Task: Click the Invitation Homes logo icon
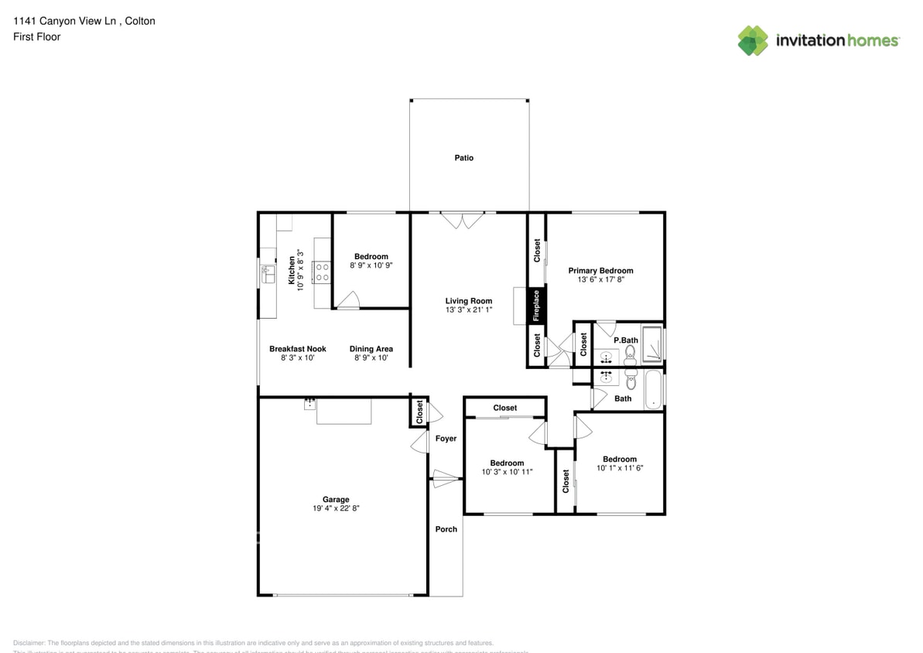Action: click(752, 40)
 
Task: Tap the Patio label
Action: click(463, 158)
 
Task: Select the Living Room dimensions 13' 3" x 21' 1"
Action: click(468, 310)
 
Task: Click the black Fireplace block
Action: click(536, 306)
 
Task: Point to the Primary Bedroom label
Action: click(600, 271)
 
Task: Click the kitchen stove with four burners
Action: click(322, 272)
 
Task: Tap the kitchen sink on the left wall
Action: click(268, 274)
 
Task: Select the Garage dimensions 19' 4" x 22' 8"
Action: click(336, 509)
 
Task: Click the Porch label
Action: click(446, 529)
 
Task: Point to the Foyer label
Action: click(446, 439)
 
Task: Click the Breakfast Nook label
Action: click(297, 349)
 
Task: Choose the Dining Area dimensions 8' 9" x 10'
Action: click(371, 358)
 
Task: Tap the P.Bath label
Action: click(625, 340)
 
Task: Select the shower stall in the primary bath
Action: click(652, 346)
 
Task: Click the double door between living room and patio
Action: click(462, 221)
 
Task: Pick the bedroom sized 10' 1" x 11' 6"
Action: click(620, 464)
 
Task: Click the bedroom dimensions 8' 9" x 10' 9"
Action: click(371, 265)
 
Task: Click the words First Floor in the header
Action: click(36, 36)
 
